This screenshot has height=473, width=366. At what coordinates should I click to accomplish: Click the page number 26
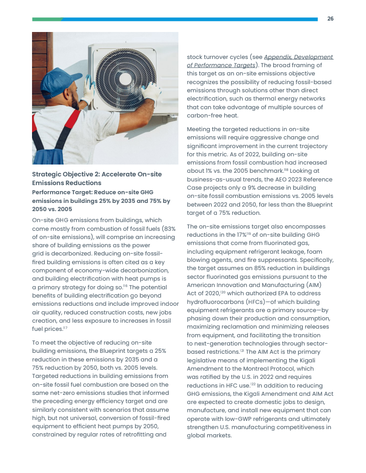(x=330, y=19)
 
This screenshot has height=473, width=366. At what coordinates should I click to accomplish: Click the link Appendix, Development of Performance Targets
(x=260, y=61)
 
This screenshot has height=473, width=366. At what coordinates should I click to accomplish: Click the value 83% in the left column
(x=169, y=229)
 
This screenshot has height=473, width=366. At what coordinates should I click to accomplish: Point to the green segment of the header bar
(x=47, y=19)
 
